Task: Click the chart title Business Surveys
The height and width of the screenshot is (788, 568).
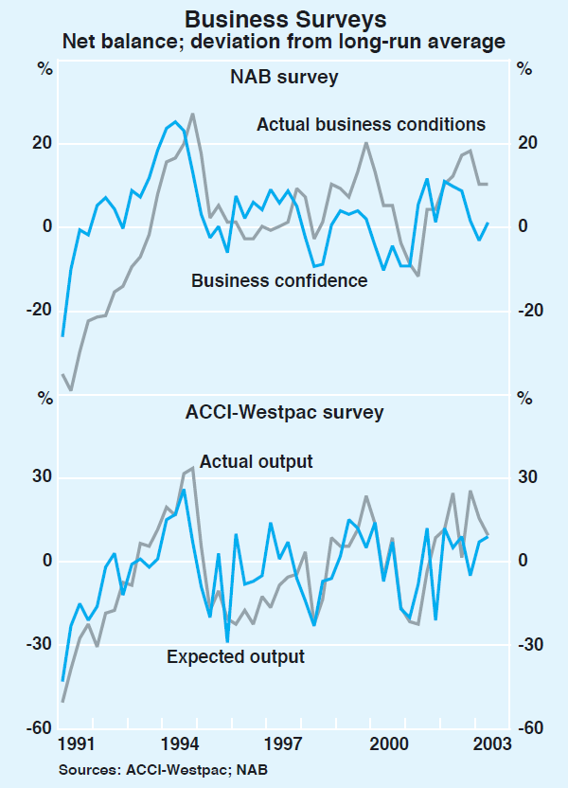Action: tap(283, 18)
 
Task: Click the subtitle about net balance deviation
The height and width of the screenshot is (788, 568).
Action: tap(283, 42)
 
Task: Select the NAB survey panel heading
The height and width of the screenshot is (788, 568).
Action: tap(284, 78)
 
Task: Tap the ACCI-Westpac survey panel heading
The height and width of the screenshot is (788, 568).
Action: tap(284, 412)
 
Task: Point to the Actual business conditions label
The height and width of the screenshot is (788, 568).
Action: tap(371, 124)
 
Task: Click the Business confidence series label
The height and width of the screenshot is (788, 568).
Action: tap(279, 280)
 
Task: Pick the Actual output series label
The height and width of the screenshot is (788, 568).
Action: tap(256, 461)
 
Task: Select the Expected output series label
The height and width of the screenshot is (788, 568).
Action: tap(236, 656)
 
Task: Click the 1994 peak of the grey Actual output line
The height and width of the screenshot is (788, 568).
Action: tap(193, 468)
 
